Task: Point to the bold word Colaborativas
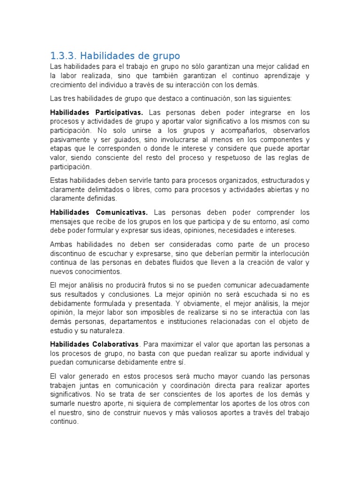coord(116,345)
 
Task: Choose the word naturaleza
coord(108,330)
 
